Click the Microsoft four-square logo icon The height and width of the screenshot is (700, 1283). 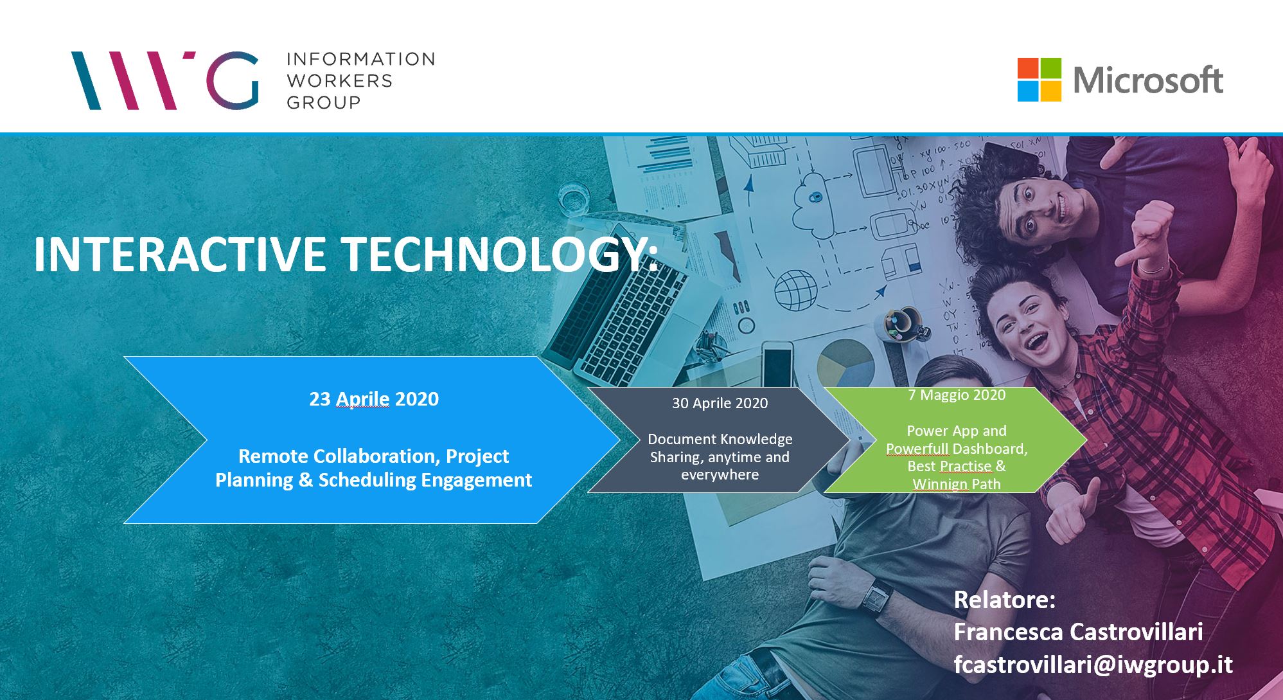pos(1039,80)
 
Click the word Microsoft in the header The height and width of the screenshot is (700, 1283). pos(1148,80)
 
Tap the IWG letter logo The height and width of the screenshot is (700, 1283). pos(164,80)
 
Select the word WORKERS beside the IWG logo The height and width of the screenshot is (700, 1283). pos(339,80)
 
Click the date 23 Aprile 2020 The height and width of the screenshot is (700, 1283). pos(374,399)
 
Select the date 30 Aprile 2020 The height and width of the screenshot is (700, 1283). pos(720,403)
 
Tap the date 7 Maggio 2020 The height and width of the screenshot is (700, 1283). pos(957,395)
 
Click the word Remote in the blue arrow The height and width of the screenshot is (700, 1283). pos(273,456)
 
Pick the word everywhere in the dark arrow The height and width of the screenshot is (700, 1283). pos(720,475)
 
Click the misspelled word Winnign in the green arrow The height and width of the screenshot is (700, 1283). pos(934,484)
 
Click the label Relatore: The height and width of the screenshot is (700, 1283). pos(1005,600)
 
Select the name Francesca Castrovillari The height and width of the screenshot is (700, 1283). pos(1078,632)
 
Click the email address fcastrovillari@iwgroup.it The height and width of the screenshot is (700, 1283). pos(1093,665)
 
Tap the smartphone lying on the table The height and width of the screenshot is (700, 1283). pos(777,364)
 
